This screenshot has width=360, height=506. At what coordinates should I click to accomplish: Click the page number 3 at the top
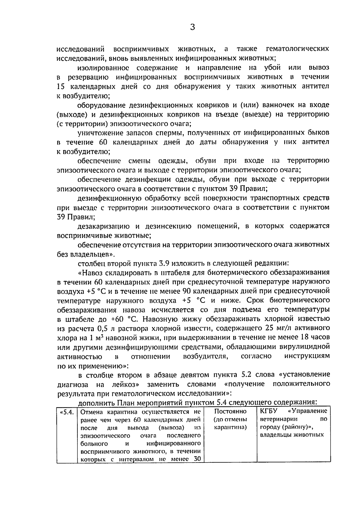tap(192, 28)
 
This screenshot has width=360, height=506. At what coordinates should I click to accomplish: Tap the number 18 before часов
tap(304, 337)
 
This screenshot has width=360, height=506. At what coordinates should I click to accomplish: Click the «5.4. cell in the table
tap(67, 412)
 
